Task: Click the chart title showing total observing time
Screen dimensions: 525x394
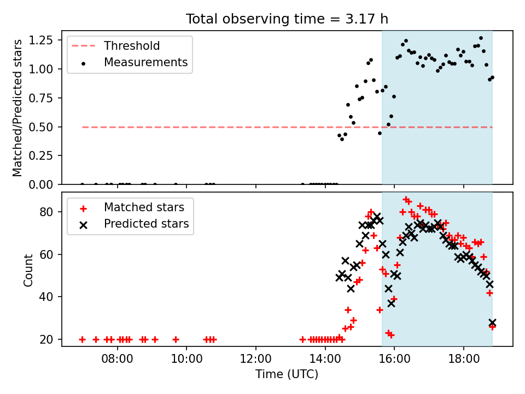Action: click(x=287, y=19)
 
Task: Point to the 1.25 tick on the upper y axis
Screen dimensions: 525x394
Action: click(x=40, y=40)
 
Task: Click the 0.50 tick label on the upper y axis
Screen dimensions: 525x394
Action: click(x=40, y=127)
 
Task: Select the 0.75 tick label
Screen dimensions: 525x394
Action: click(x=40, y=98)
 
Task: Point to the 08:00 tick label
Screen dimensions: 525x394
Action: click(x=117, y=359)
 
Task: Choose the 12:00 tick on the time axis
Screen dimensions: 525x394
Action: click(x=256, y=359)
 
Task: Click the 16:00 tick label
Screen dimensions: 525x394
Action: click(x=394, y=359)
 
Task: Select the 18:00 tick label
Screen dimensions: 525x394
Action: click(x=464, y=359)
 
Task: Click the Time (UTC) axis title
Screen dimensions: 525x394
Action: click(x=287, y=374)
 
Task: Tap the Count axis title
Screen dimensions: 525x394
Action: click(x=28, y=270)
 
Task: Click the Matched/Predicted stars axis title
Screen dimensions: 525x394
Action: click(x=17, y=108)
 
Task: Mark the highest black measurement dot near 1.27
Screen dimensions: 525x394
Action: click(x=481, y=38)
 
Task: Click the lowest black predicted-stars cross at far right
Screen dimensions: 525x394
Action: click(x=492, y=323)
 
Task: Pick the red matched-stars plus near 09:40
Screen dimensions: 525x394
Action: click(x=176, y=339)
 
